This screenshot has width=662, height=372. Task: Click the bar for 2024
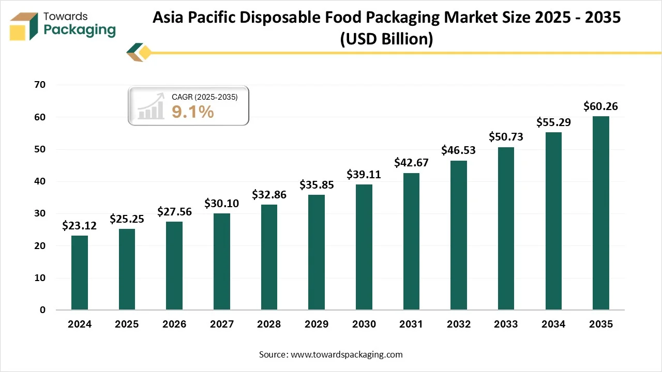pos(80,273)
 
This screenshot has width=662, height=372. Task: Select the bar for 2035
pos(600,213)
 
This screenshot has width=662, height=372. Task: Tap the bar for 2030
pos(364,247)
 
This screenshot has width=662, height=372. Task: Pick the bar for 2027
pos(222,261)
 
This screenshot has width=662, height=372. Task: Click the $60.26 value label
pos(600,107)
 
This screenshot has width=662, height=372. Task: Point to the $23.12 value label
pos(80,226)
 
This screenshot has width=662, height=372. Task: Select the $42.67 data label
pos(411,163)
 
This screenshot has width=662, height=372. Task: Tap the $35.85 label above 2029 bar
pos(317,185)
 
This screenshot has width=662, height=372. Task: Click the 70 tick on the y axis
pos(39,85)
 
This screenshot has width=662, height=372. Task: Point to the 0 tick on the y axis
pos(43,310)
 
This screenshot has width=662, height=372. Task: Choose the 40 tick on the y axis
pos(39,181)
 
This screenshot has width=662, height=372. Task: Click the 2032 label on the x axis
pos(458,324)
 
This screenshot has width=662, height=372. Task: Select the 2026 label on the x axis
pos(174,324)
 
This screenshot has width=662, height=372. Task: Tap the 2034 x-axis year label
pos(553,324)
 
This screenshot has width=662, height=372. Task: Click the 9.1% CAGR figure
pos(193,112)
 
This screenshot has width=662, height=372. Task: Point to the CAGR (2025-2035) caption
pos(204,97)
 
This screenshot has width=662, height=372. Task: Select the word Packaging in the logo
pos(80,30)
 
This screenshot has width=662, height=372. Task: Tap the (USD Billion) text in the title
pos(386,39)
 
